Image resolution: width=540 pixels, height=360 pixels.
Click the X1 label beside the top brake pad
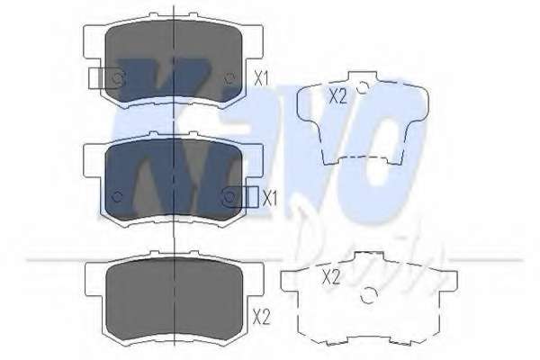click(x=261, y=78)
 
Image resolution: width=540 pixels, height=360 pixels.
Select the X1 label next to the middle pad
click(x=268, y=197)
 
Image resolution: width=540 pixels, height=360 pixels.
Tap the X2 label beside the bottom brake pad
click(x=261, y=316)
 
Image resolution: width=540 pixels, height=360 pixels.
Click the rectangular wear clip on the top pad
click(x=104, y=78)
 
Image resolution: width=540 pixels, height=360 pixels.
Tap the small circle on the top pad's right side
click(x=229, y=78)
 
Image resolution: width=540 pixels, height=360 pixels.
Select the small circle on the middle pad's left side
click(x=116, y=197)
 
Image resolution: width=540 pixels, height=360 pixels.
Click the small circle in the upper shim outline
click(x=361, y=89)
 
